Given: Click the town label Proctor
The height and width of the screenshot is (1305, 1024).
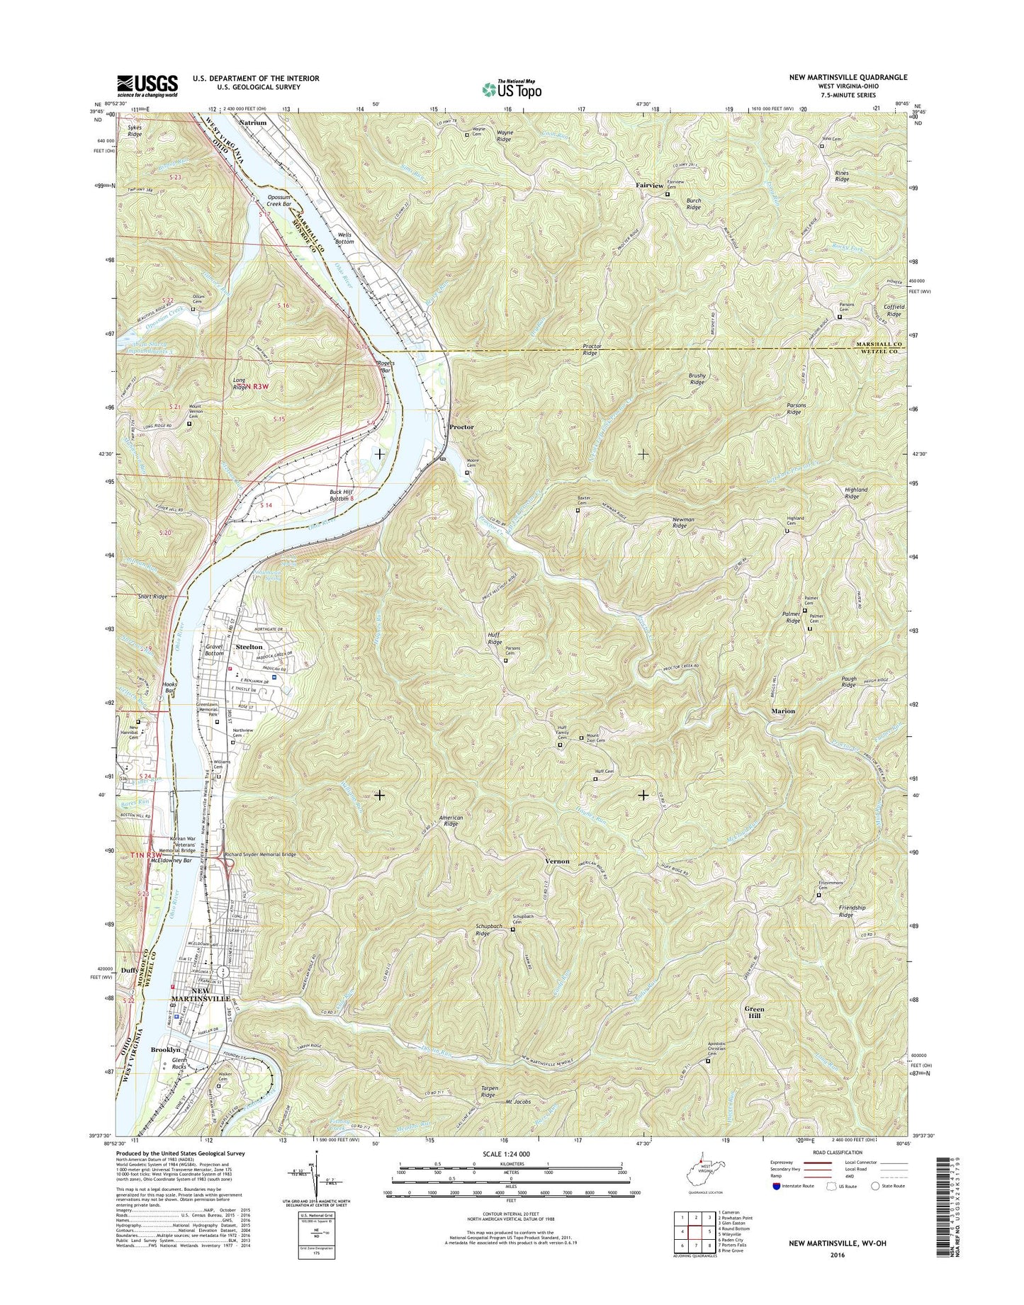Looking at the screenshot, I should pos(461,427).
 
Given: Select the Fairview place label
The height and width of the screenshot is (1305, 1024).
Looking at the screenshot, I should pos(648,185).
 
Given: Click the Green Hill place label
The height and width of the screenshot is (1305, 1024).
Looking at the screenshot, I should pos(754,1011).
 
